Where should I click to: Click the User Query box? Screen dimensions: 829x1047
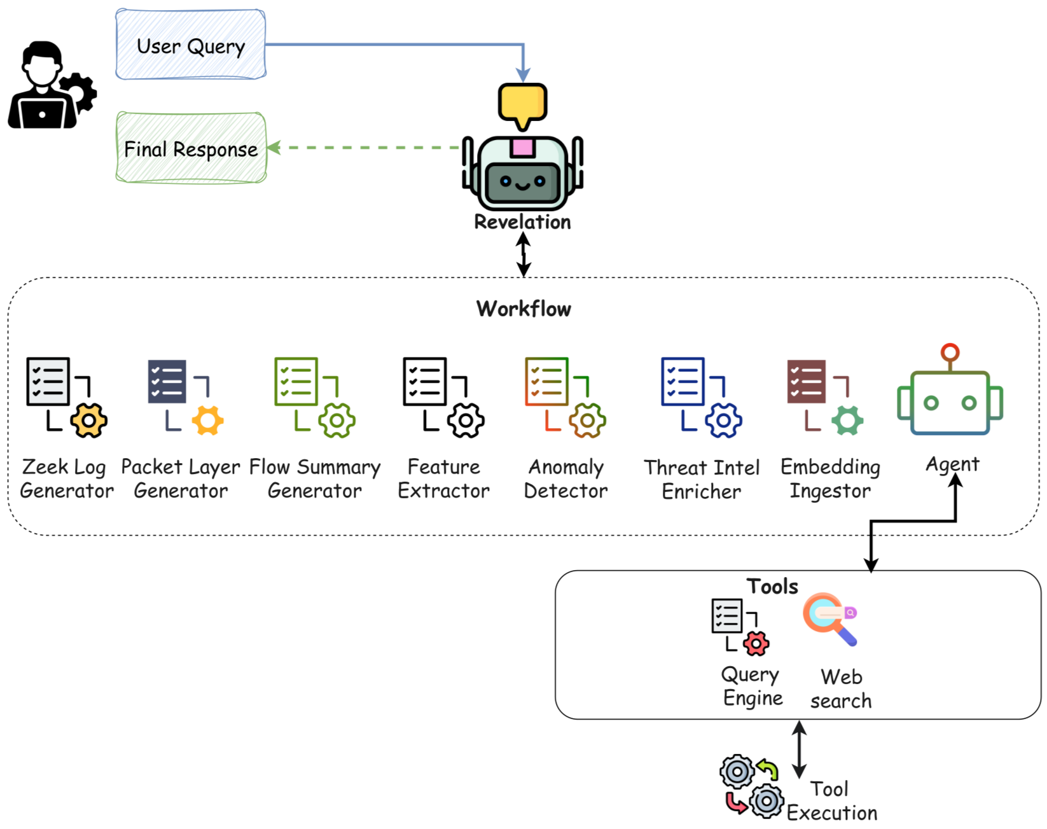(190, 45)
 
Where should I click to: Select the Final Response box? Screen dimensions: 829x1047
(191, 148)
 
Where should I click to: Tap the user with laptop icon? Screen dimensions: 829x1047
(51, 86)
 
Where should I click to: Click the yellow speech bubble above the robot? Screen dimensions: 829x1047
(522, 104)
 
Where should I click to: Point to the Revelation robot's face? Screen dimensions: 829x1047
(522, 181)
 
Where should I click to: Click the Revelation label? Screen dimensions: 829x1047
(522, 222)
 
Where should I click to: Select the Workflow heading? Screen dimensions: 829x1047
(523, 309)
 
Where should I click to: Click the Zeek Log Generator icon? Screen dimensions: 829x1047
(66, 397)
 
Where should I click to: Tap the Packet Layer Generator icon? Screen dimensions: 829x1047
(184, 397)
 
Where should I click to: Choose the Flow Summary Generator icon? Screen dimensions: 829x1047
(314, 397)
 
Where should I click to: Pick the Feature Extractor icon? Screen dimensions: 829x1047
(443, 397)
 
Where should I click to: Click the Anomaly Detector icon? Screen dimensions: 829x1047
(565, 397)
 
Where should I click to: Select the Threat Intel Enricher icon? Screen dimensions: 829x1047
(701, 397)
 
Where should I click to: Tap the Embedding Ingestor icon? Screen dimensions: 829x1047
(824, 397)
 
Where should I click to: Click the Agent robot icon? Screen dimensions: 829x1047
(950, 394)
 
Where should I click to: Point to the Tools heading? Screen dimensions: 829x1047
(772, 586)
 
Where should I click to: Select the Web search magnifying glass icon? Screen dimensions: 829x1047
(829, 619)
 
